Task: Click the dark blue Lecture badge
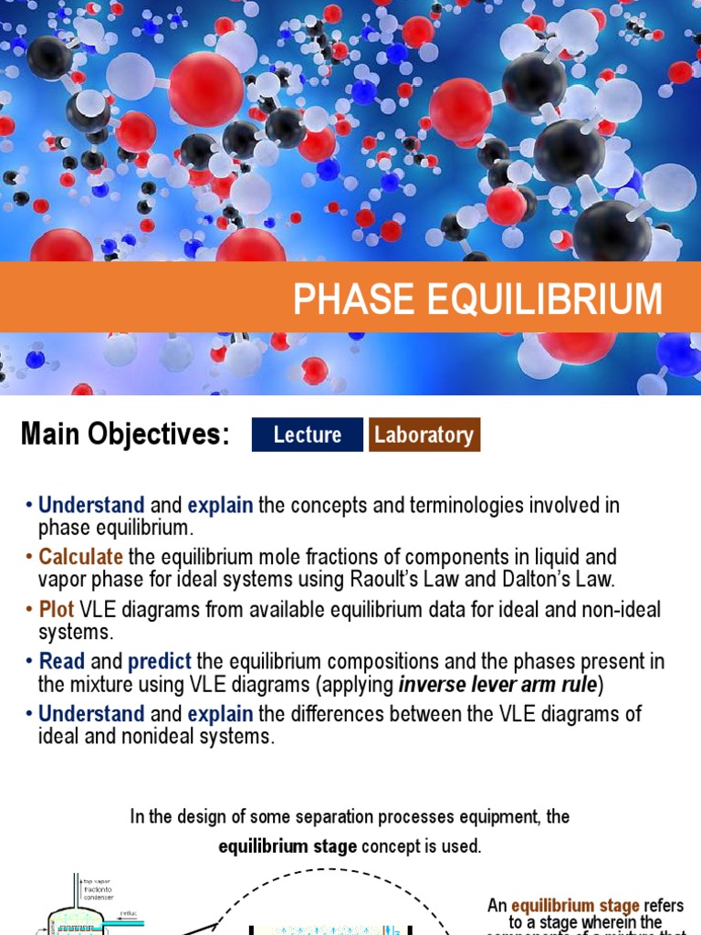click(x=307, y=435)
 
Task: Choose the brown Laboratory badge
click(x=424, y=435)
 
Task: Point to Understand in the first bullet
click(x=91, y=505)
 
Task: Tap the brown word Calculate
click(x=80, y=557)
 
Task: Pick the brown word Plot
click(x=57, y=609)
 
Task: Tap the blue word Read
click(x=62, y=661)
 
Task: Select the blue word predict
click(x=160, y=661)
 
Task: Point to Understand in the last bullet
click(x=91, y=713)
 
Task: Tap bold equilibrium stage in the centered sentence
click(x=288, y=846)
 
